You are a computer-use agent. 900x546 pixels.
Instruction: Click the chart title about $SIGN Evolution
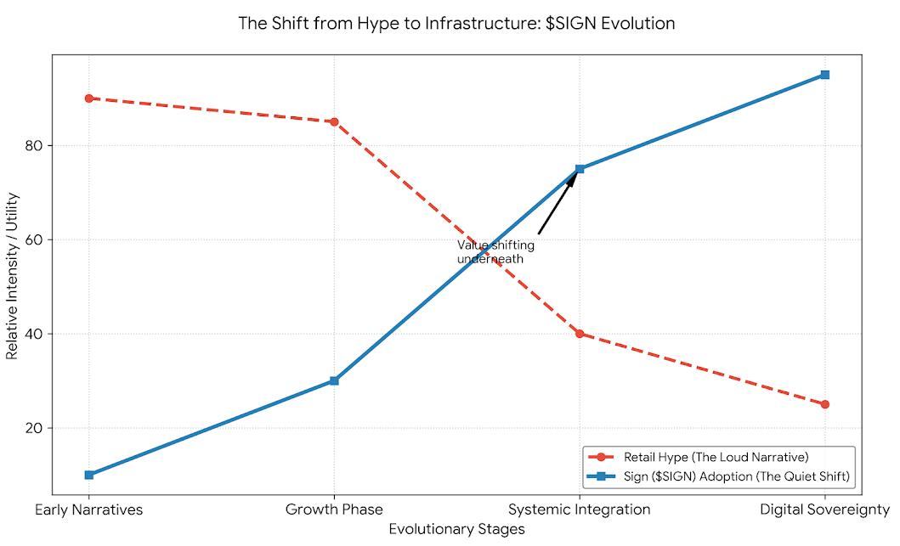coord(456,24)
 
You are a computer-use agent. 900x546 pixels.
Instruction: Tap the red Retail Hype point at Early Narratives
coord(88,99)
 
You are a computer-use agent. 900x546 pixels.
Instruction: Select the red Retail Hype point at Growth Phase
coord(334,121)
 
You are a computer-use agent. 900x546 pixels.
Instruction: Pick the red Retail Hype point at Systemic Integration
coord(580,334)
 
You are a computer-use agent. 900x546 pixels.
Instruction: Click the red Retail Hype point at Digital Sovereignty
coord(824,404)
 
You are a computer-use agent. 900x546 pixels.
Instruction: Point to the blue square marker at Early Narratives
coord(88,475)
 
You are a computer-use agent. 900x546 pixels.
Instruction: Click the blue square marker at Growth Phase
coord(334,380)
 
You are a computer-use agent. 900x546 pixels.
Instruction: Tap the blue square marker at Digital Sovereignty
coord(824,75)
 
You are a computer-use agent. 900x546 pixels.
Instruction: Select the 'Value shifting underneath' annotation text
coord(495,252)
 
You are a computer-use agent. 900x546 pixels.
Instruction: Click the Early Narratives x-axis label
coord(88,510)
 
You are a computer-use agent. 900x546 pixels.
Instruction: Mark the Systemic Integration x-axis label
coord(580,510)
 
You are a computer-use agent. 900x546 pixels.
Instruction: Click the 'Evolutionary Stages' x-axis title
coord(456,530)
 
